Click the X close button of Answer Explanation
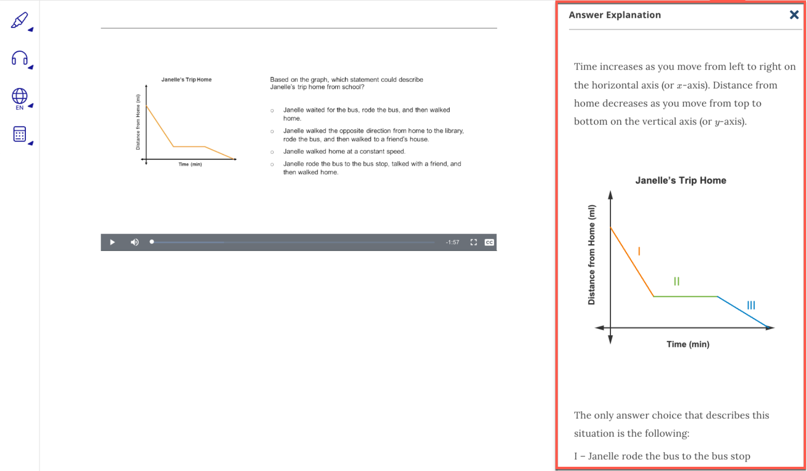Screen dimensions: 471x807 (794, 15)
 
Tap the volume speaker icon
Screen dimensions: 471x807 (134, 242)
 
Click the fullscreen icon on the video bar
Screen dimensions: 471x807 (474, 242)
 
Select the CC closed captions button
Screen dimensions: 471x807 (489, 242)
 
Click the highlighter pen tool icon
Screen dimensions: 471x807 (19, 21)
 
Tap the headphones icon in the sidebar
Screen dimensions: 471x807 (19, 58)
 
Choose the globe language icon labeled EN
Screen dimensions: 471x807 (19, 97)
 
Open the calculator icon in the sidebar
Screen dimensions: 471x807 (19, 134)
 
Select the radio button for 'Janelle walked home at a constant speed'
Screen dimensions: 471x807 (272, 152)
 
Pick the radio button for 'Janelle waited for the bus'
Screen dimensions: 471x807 (272, 110)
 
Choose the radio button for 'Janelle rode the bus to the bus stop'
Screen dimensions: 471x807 (272, 165)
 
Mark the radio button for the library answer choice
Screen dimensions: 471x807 (272, 131)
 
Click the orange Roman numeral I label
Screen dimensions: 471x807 (639, 251)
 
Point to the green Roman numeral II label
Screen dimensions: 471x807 (676, 281)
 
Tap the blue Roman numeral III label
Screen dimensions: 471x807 (751, 305)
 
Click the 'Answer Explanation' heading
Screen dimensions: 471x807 (615, 15)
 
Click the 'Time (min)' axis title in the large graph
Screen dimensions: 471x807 (688, 344)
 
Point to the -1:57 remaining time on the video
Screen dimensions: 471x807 (452, 242)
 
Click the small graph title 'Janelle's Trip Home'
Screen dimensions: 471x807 (186, 79)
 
